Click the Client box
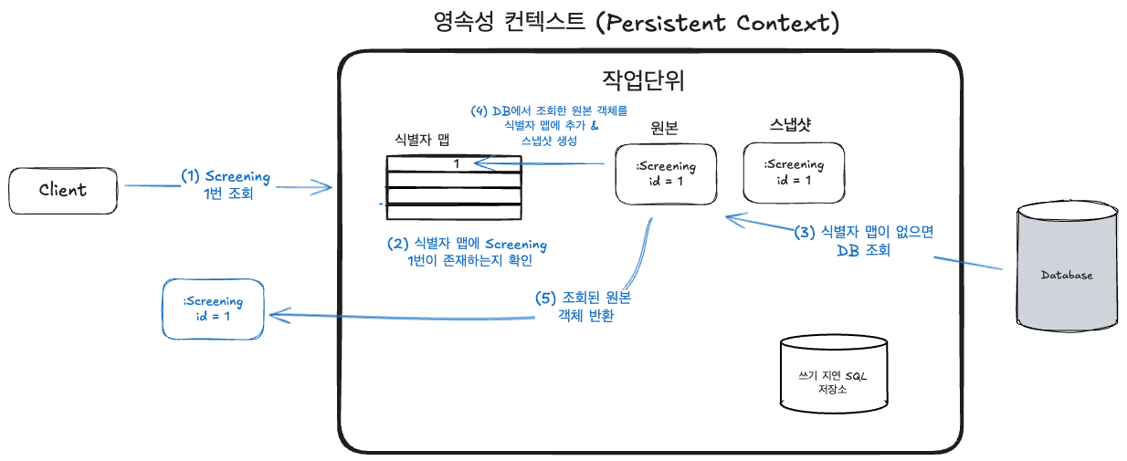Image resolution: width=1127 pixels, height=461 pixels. pyautogui.click(x=63, y=191)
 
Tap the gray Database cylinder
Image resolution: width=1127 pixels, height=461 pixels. pyautogui.click(x=1067, y=267)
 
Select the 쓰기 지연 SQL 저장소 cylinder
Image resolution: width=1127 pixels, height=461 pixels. pyautogui.click(x=834, y=374)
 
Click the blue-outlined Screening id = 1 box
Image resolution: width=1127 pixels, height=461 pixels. pyautogui.click(x=213, y=309)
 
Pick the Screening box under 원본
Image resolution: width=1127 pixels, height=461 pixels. pyautogui.click(x=666, y=174)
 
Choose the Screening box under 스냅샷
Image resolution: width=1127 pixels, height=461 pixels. pyautogui.click(x=794, y=173)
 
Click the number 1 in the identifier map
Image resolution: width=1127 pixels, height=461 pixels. pyautogui.click(x=457, y=163)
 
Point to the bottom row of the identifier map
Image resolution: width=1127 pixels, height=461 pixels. pyautogui.click(x=454, y=212)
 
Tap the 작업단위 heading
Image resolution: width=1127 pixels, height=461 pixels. pyautogui.click(x=643, y=80)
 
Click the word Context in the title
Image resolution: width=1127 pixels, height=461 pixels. pyautogui.click(x=783, y=23)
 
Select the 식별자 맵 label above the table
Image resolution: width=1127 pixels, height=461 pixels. pyautogui.click(x=422, y=140)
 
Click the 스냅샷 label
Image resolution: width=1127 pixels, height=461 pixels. pyautogui.click(x=790, y=124)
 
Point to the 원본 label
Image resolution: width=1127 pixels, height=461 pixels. pyautogui.click(x=664, y=128)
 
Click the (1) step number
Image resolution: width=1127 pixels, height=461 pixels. pyautogui.click(x=191, y=176)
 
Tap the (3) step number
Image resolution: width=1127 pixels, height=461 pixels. pyautogui.click(x=805, y=232)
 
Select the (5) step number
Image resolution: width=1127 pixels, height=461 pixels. pyautogui.click(x=545, y=299)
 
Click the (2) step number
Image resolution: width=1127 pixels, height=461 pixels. pyautogui.click(x=397, y=244)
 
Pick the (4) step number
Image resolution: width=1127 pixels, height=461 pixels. pyautogui.click(x=479, y=110)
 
